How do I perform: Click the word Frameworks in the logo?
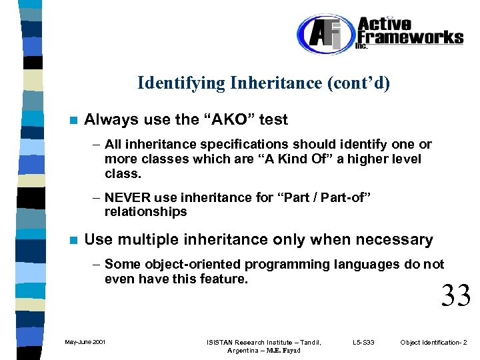pyautogui.click(x=409, y=37)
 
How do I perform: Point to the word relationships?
pyautogui.click(x=145, y=212)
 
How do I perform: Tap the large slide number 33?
pyautogui.click(x=455, y=295)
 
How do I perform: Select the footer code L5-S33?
pyautogui.click(x=363, y=343)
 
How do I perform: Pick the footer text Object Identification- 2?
pyautogui.click(x=433, y=343)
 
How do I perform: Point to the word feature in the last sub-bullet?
pyautogui.click(x=223, y=279)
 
